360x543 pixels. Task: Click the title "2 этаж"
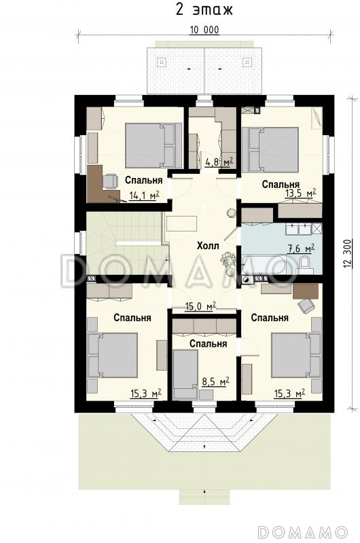click(204, 10)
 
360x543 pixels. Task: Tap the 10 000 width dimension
click(204, 30)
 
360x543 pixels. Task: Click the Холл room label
click(208, 246)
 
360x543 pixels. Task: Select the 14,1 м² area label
click(144, 195)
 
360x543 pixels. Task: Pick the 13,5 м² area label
click(300, 193)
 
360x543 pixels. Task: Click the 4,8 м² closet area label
click(219, 162)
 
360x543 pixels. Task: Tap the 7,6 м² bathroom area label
click(301, 248)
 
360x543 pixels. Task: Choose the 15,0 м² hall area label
click(201, 306)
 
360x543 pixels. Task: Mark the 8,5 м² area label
click(215, 381)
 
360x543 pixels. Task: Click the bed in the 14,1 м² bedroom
click(154, 145)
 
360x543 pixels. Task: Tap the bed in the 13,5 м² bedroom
click(270, 149)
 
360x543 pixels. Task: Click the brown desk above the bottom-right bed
click(306, 291)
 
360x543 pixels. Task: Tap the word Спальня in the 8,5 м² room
click(208, 343)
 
